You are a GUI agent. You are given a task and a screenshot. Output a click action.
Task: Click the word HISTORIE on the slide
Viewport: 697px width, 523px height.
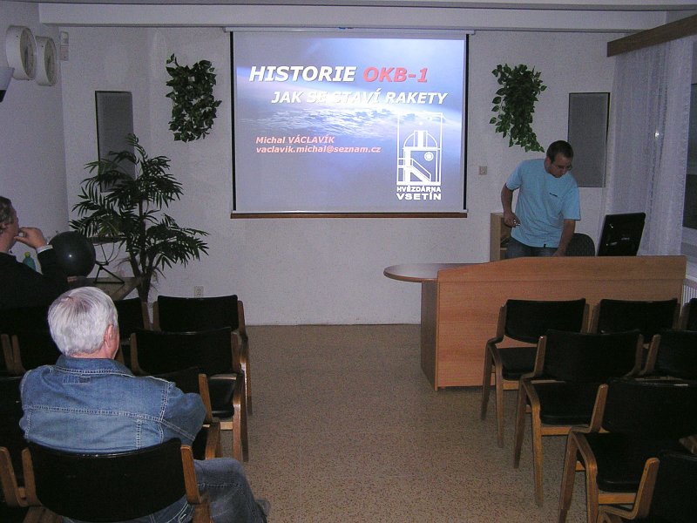coord(302,74)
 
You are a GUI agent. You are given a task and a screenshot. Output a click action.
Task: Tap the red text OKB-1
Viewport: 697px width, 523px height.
coord(396,75)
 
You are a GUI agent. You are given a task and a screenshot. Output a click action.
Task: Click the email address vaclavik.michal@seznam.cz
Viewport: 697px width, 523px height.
coord(318,149)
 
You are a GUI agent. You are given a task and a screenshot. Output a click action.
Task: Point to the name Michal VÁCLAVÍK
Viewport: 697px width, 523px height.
coord(295,139)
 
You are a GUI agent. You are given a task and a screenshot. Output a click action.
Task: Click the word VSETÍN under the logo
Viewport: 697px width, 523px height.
coord(419,196)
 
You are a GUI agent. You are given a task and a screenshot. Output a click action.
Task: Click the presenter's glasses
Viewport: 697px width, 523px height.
coord(562,166)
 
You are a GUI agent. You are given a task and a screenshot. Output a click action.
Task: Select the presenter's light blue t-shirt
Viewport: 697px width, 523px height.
coord(542,203)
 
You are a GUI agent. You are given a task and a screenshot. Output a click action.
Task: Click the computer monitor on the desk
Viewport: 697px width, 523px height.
coord(621,234)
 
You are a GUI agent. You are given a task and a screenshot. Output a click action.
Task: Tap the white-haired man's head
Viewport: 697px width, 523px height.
coord(83,321)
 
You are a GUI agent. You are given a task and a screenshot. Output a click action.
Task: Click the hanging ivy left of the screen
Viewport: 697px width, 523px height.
coord(192,98)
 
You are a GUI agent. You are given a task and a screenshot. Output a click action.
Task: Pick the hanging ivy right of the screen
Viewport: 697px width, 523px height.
coord(518,106)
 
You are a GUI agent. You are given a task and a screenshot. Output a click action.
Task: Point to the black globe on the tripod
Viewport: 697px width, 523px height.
coord(72,254)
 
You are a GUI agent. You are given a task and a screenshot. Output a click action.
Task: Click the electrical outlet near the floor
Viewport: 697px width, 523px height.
coord(199,291)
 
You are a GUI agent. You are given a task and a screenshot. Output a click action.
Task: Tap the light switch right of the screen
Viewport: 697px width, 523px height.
coord(483,169)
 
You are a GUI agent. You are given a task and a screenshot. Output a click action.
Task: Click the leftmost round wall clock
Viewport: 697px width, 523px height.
coord(21,52)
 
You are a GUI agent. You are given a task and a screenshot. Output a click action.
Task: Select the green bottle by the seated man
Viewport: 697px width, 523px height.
coord(29,261)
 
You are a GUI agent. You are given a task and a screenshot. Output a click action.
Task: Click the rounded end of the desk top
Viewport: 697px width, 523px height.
coord(394,273)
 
